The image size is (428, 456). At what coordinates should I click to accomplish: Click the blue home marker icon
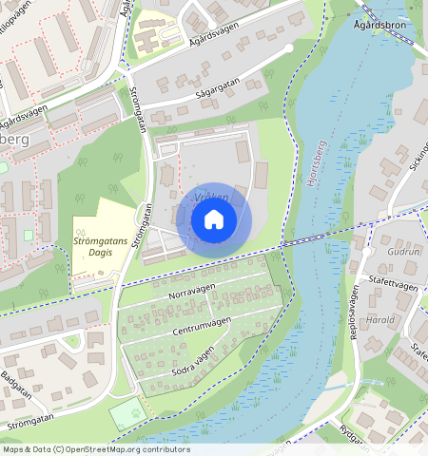(214, 220)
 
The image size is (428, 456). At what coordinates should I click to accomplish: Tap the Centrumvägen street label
(204, 330)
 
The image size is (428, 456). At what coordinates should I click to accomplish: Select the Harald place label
(379, 320)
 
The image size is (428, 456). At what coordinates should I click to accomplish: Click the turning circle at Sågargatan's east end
(288, 47)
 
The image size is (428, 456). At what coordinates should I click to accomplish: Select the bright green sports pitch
(127, 413)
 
